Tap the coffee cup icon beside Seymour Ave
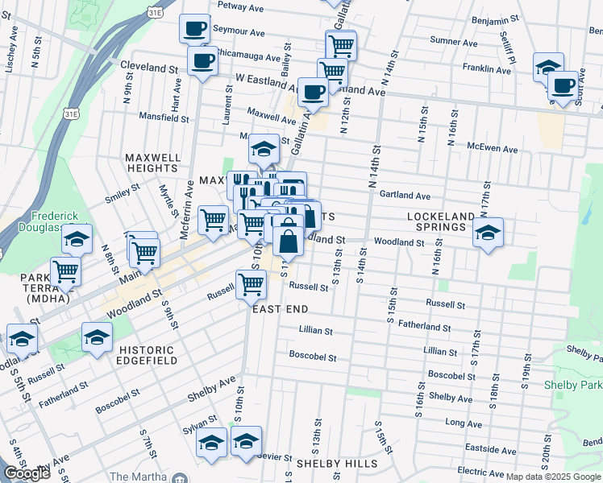point(193,30)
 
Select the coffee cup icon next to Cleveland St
point(202,60)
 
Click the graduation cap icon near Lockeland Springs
point(488,233)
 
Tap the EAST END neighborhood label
point(281,309)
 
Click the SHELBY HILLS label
point(336,464)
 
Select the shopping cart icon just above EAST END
point(252,284)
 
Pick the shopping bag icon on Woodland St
point(289,241)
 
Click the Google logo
point(27,473)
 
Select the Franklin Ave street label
point(491,70)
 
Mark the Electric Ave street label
point(480,470)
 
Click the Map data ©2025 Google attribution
point(554,476)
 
